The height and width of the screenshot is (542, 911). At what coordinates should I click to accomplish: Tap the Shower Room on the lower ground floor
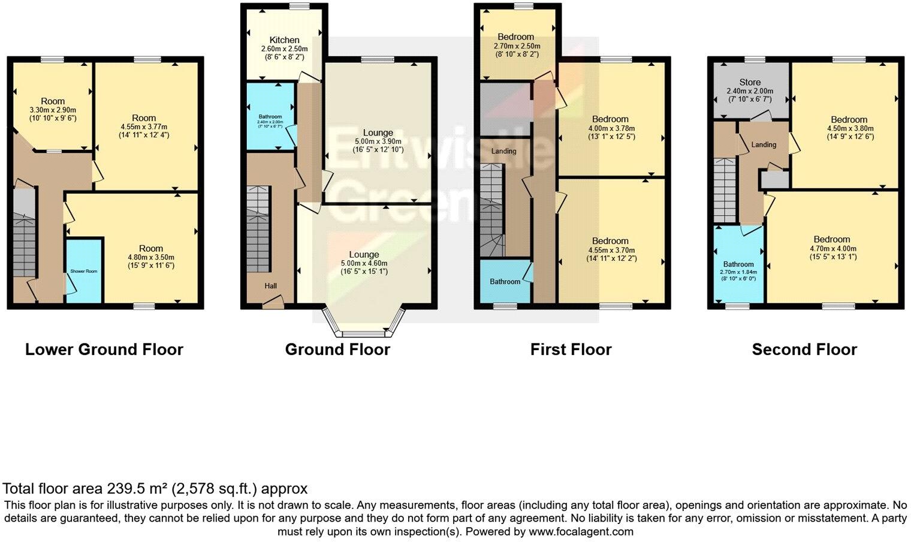tap(83, 271)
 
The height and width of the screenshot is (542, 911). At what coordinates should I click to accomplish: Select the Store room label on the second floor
tap(750, 82)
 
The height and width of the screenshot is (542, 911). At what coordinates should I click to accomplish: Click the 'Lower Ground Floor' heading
tap(104, 350)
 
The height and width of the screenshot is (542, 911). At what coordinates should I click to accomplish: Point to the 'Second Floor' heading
tap(804, 350)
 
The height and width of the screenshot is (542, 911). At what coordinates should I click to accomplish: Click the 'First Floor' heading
tap(571, 350)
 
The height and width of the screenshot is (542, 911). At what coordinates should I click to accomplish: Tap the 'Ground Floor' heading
tap(337, 350)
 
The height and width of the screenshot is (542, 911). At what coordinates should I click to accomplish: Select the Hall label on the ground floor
tap(271, 286)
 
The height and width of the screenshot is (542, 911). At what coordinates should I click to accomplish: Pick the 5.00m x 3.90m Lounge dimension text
tap(378, 141)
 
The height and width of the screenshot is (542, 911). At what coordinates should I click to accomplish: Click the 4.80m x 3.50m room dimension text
tap(150, 257)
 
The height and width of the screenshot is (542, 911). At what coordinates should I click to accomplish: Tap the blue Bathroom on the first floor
tap(505, 281)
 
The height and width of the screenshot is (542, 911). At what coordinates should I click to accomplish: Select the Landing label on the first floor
tap(503, 151)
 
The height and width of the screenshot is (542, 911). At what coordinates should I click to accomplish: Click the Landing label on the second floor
tap(764, 144)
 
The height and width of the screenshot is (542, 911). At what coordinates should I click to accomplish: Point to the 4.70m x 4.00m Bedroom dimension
tap(832, 249)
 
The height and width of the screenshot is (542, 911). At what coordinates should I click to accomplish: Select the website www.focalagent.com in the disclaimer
tap(580, 532)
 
